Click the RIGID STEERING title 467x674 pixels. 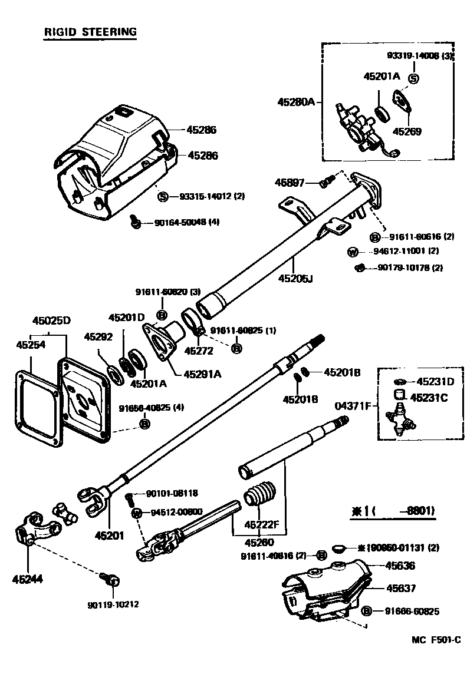click(x=90, y=32)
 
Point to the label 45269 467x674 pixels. click(x=407, y=131)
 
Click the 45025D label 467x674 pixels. click(x=51, y=321)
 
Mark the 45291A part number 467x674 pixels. click(x=202, y=374)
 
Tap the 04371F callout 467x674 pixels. click(x=353, y=407)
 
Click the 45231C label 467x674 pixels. click(x=429, y=398)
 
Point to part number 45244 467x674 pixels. click(x=28, y=579)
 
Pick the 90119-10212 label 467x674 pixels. click(x=114, y=604)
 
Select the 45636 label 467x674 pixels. click(x=400, y=566)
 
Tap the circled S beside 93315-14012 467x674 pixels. click(x=164, y=197)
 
